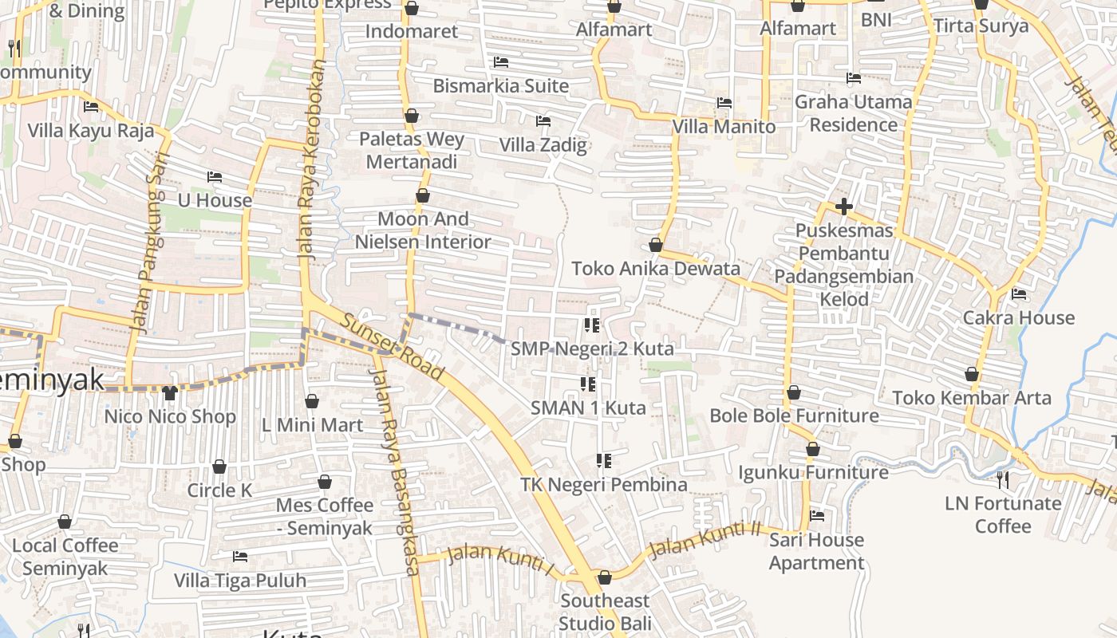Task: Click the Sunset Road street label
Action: [391, 347]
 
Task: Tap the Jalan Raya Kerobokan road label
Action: [311, 159]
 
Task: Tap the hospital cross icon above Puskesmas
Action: [843, 207]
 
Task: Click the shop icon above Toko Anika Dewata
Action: [656, 245]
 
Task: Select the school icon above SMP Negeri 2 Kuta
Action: [591, 325]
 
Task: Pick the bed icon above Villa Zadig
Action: [543, 121]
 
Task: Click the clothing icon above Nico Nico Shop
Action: [169, 392]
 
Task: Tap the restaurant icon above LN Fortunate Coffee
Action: [1003, 479]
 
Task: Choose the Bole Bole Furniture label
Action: [794, 415]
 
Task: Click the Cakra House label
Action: [1019, 317]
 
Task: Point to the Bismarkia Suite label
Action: [501, 85]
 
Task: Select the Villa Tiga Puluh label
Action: [240, 580]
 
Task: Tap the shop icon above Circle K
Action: [219, 467]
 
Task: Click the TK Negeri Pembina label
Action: [603, 484]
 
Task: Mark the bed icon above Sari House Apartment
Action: [817, 516]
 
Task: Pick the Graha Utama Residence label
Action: [853, 113]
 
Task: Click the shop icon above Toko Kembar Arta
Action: [972, 374]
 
